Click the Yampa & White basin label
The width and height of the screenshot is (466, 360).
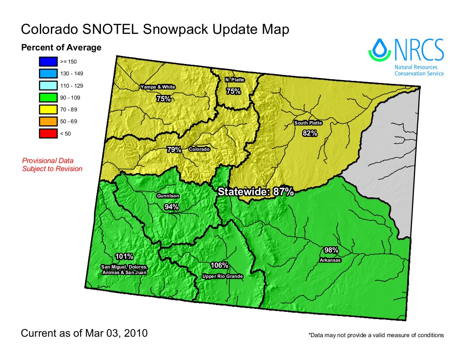(158, 87)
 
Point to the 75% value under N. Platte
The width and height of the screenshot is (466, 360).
(233, 91)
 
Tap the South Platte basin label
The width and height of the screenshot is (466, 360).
(308, 123)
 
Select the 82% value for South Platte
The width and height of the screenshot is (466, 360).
(310, 133)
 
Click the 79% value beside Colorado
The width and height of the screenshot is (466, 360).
(174, 150)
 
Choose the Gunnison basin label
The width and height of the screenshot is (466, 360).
(168, 196)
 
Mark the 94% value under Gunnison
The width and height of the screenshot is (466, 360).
(171, 207)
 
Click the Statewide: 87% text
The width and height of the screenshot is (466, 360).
(255, 191)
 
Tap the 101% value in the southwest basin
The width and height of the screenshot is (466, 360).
(124, 256)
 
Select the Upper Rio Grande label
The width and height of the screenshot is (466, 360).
(223, 277)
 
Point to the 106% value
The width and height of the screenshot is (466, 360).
(219, 266)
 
